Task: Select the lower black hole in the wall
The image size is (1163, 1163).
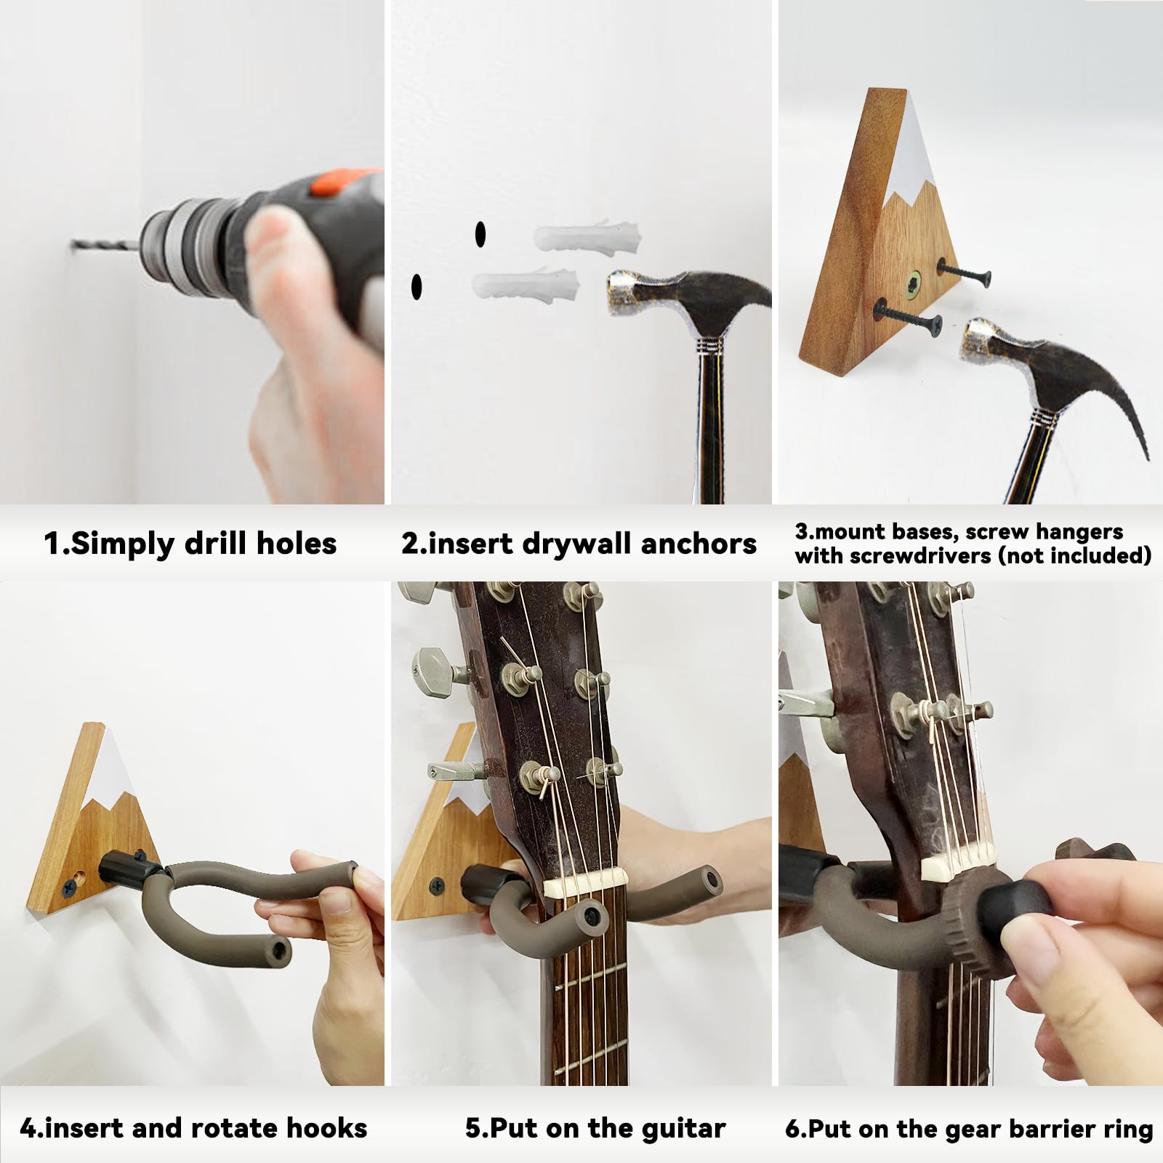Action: (416, 286)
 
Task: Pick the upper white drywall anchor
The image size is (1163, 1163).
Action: (588, 236)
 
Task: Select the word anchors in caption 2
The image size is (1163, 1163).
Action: (698, 544)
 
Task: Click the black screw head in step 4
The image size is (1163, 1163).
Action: (71, 885)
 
